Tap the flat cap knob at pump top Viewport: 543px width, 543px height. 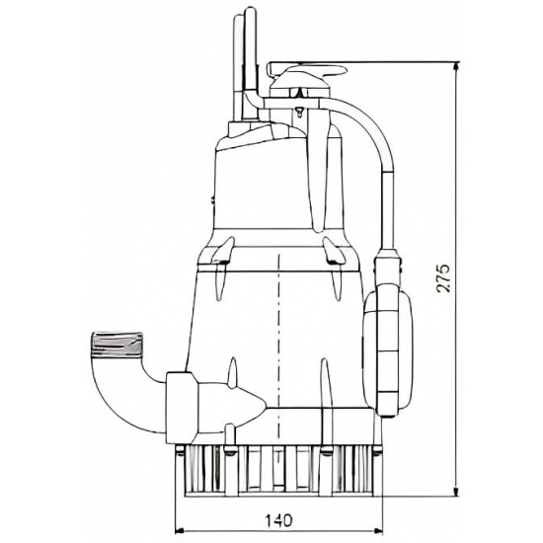pyautogui.click(x=308, y=71)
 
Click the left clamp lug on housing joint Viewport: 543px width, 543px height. pyautogui.click(x=220, y=260)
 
